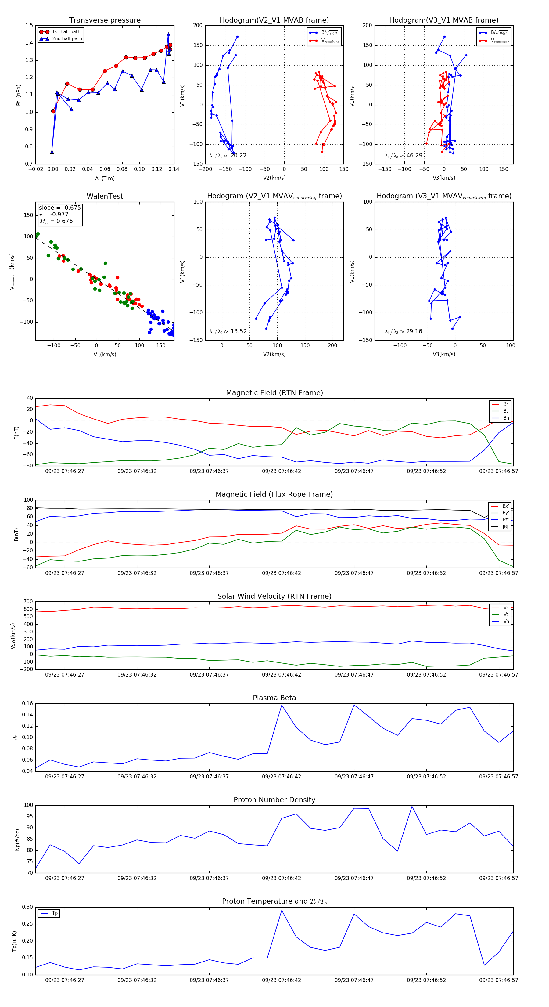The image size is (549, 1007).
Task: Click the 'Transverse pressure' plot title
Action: [105, 20]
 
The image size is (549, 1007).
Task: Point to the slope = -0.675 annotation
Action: [60, 208]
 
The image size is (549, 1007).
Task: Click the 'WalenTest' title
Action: [105, 196]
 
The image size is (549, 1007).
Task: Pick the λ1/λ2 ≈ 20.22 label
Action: [228, 156]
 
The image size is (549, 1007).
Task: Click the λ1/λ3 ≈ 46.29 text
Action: [404, 156]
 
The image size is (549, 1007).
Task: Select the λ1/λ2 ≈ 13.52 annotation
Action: [228, 331]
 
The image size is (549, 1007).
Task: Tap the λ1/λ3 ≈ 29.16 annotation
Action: [404, 331]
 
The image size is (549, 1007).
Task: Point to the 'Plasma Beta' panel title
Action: [274, 698]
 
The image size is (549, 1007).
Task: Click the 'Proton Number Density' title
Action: [274, 800]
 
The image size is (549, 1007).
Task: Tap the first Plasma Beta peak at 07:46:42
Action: [282, 705]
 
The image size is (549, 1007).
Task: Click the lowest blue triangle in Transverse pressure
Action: [52, 152]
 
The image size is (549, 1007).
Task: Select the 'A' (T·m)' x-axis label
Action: [105, 179]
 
